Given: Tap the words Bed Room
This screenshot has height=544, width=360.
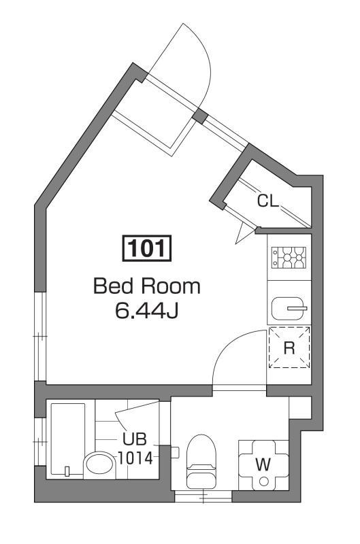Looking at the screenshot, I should [147, 286].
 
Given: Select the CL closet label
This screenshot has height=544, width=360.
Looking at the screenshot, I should [267, 201].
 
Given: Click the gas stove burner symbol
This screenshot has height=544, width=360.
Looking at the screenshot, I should [289, 258].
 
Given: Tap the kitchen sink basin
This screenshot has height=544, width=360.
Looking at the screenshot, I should [289, 308].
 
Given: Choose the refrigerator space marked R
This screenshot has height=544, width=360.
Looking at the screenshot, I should [289, 347].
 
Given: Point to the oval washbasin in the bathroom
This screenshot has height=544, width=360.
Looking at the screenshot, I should [101, 466].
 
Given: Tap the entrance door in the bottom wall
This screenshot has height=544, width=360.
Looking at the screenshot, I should [203, 497].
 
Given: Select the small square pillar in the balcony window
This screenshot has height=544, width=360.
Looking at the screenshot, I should [199, 116].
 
